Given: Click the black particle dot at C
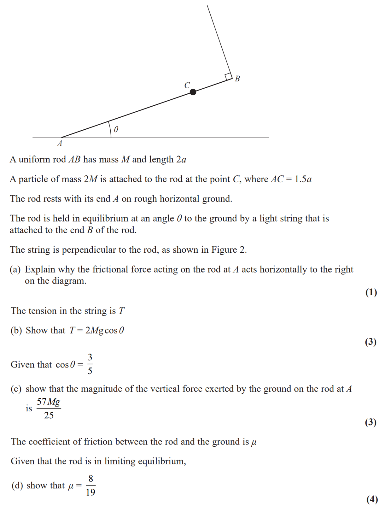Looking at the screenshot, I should (x=193, y=92).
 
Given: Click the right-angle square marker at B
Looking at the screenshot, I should (x=228, y=77).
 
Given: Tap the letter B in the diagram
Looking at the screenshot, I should (x=237, y=79).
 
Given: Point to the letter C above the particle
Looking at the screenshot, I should (x=187, y=85).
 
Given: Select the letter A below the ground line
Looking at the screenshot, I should (x=60, y=144).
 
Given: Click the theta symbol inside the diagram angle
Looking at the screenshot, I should (x=116, y=129).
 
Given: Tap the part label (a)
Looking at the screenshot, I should (x=15, y=269).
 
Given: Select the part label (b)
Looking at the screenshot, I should (x=16, y=330).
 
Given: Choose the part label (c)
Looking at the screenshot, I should (x=16, y=389).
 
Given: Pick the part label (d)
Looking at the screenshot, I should (x=17, y=485).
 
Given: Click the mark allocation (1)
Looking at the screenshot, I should (x=371, y=292).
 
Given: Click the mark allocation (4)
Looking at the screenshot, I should (x=372, y=499).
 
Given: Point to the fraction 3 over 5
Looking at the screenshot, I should (x=90, y=364).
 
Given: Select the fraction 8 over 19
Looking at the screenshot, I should (x=90, y=485).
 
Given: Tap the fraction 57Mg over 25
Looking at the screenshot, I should (x=49, y=408).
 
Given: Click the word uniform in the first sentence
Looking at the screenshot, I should (x=34, y=160).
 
